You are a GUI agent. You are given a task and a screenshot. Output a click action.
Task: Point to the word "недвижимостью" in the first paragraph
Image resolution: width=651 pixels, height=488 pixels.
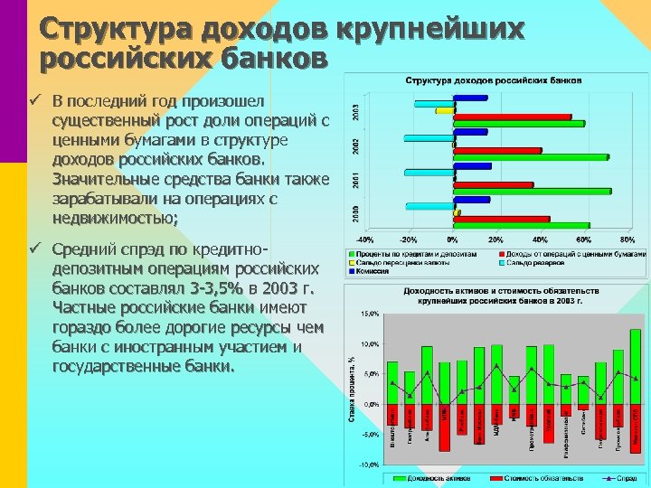point(114,218)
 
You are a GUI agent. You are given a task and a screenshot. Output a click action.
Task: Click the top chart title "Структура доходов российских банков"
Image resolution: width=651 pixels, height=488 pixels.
point(494,80)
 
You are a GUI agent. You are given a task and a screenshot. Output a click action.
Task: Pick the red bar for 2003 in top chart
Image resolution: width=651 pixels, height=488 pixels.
point(512,117)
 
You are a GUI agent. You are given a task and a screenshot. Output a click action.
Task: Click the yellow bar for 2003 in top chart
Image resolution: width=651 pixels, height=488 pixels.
point(444,110)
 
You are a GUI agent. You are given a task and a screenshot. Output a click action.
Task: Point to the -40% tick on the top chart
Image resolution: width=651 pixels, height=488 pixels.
point(364,239)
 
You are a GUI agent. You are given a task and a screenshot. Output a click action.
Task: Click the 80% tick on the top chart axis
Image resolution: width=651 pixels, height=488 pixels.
point(627,239)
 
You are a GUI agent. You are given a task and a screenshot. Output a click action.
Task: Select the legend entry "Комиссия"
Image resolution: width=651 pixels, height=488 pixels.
point(373,271)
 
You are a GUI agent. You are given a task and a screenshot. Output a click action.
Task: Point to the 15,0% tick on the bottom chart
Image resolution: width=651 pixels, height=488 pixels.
point(369,314)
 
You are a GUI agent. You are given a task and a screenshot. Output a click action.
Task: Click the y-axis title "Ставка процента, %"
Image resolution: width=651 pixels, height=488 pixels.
point(353,389)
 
